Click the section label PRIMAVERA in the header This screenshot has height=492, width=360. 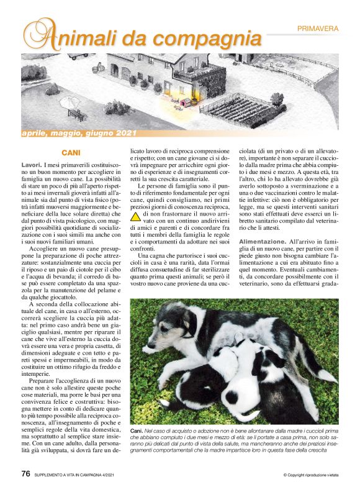click(318, 29)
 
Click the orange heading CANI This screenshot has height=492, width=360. click(71, 152)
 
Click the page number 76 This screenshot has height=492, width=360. click(25, 474)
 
